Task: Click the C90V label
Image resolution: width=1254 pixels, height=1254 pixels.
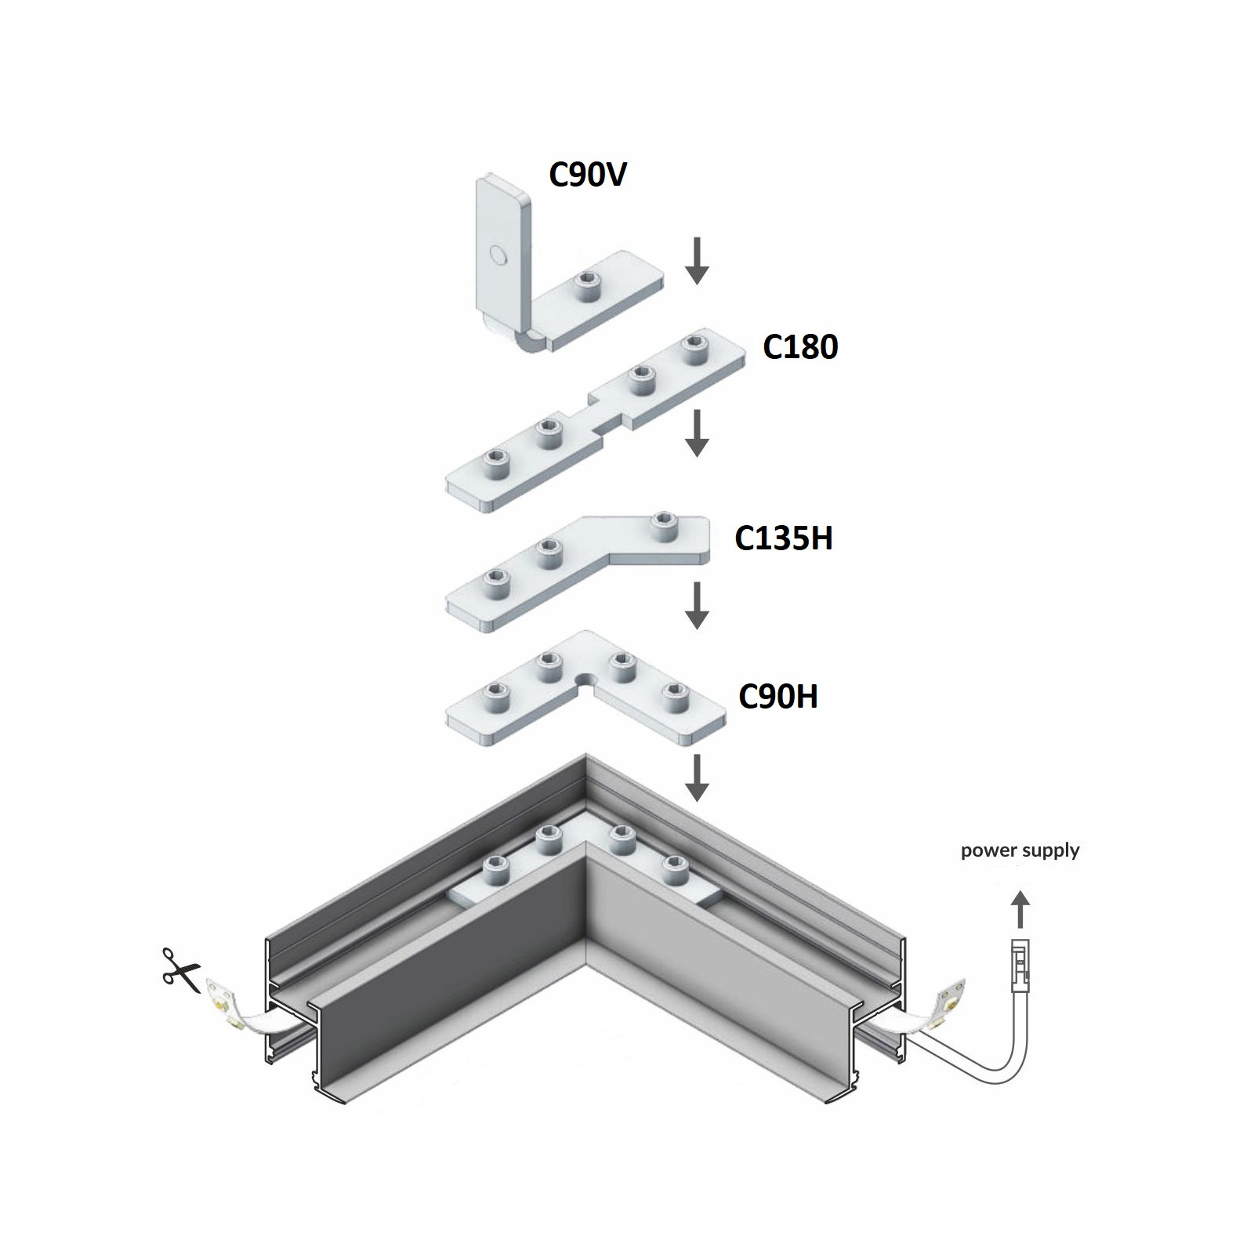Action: coord(588,175)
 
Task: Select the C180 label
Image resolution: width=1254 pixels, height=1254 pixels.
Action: coord(800,346)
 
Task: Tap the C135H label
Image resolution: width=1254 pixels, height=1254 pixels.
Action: coord(783,538)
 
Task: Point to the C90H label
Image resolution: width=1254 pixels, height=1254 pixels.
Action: coord(778,696)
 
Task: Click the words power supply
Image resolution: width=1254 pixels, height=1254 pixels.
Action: coord(1020,850)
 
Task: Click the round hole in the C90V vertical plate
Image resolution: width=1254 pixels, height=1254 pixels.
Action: coord(497,253)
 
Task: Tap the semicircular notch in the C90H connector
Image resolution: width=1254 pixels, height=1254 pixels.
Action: coord(584,677)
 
